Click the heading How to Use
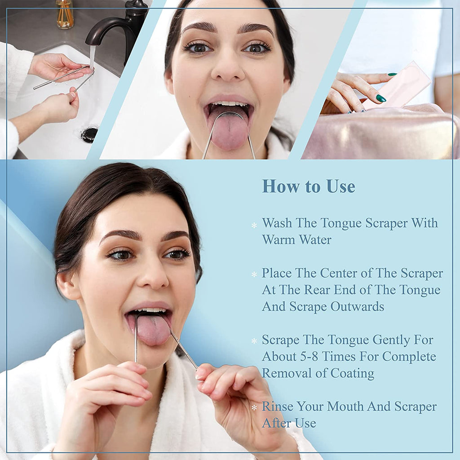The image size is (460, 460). (308, 186)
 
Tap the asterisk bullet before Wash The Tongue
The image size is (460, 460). (254, 225)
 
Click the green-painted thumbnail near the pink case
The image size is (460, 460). (381, 98)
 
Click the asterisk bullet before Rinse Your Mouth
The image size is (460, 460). (254, 408)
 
